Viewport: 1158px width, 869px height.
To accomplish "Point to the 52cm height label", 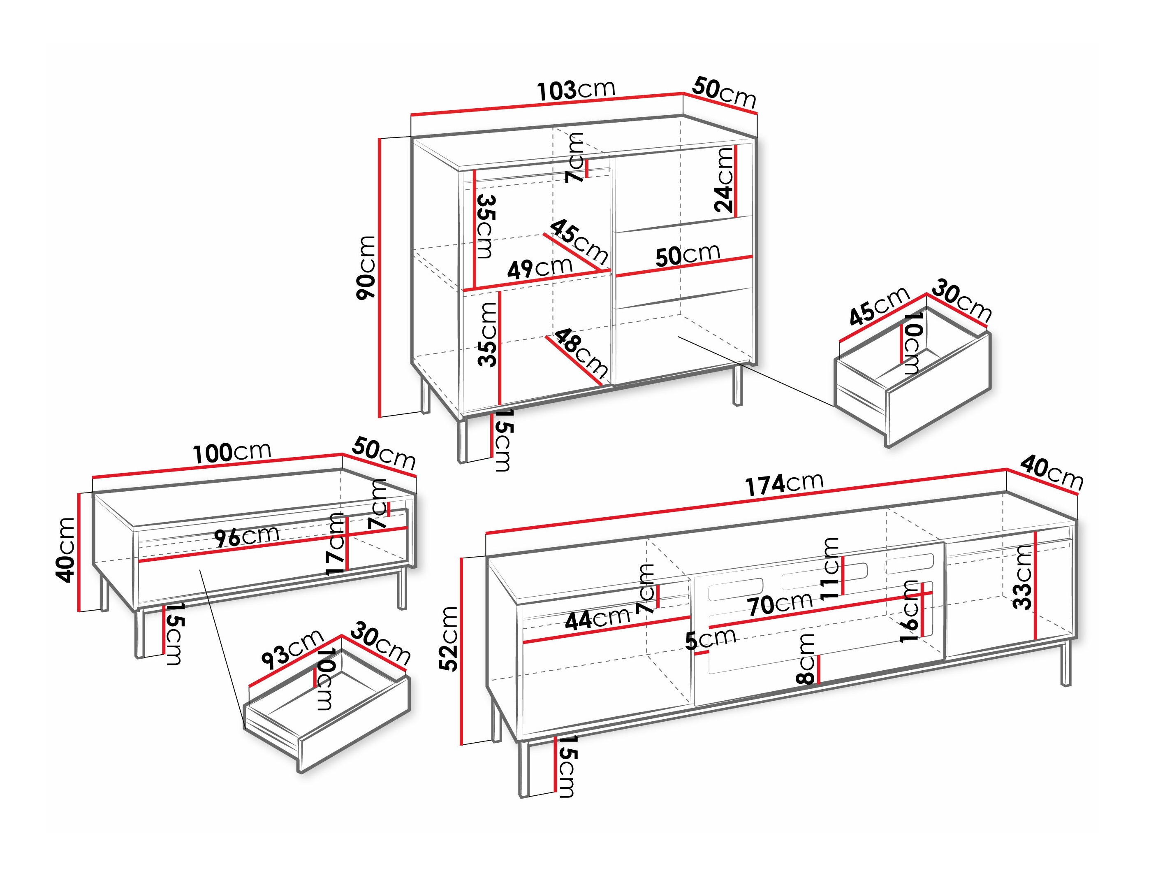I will (449, 639).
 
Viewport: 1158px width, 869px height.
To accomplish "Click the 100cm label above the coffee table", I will (232, 453).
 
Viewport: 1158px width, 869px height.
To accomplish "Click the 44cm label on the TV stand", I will (597, 620).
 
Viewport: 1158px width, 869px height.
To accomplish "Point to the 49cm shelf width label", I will (539, 268).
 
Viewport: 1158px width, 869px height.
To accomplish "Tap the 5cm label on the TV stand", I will (711, 639).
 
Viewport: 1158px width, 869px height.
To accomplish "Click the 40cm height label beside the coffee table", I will (66, 550).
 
